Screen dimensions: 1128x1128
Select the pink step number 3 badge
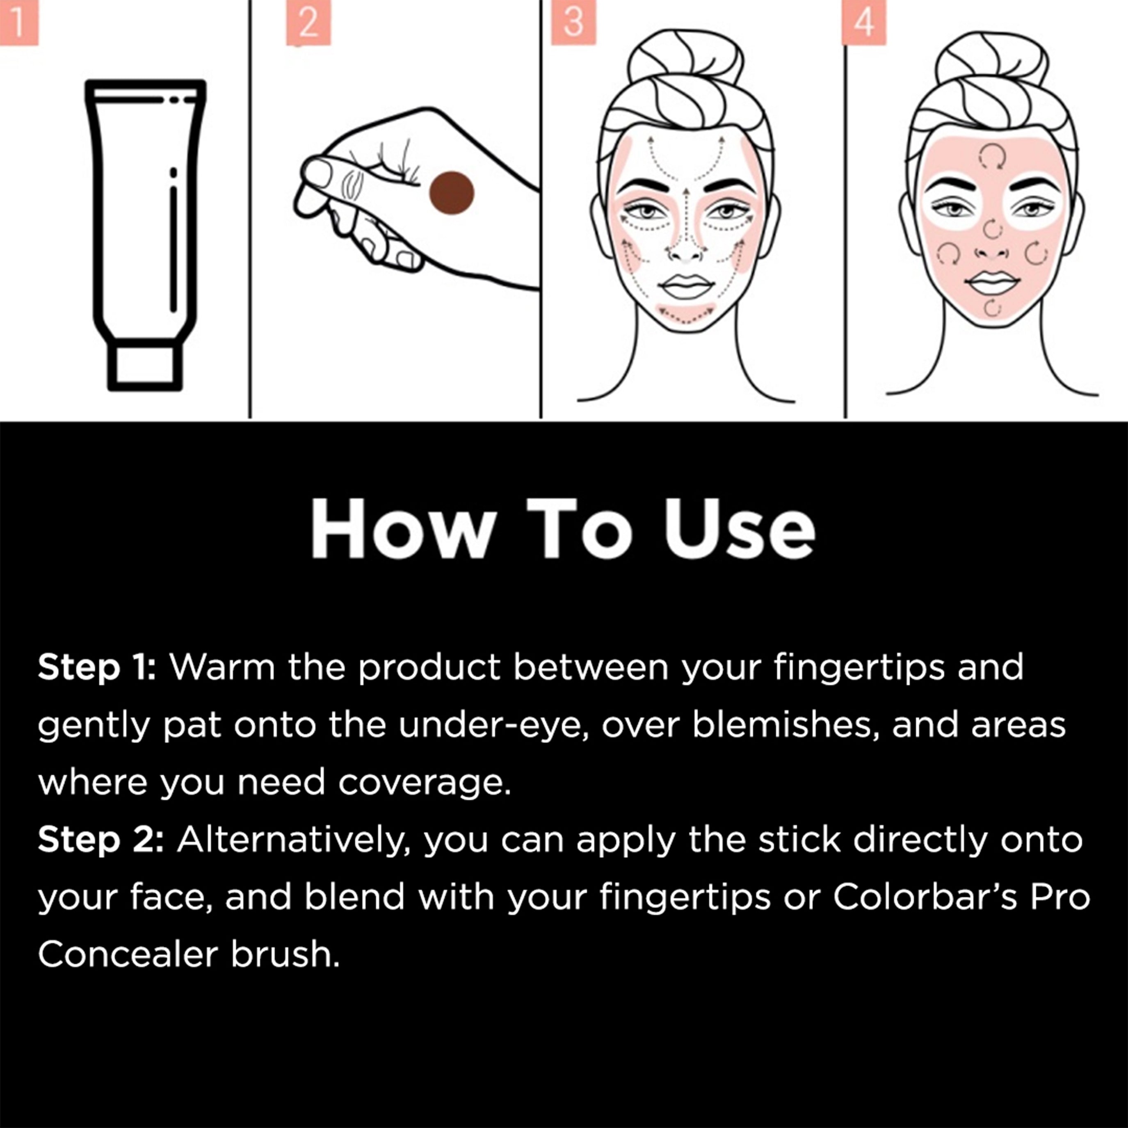(573, 22)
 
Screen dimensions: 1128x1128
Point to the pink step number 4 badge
(863, 22)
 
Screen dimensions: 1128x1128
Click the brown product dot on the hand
(451, 193)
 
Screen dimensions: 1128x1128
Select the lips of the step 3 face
(686, 286)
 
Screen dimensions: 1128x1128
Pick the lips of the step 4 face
(992, 283)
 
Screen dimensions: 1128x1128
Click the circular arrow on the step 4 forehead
(992, 156)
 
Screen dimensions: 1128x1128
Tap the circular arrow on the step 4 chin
(992, 308)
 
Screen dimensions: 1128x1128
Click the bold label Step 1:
(97, 667)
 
